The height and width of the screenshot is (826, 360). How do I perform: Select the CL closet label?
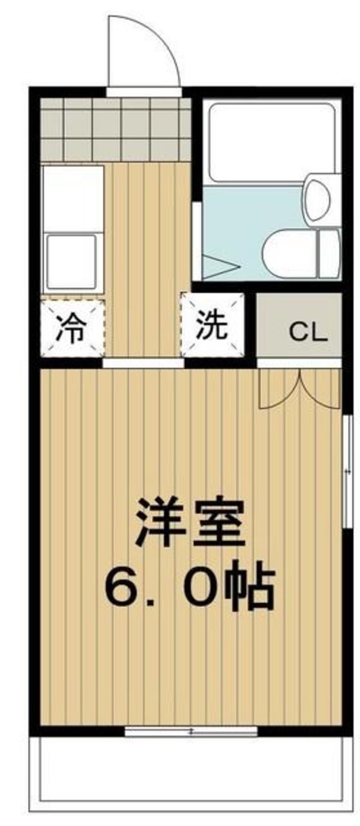tap(308, 331)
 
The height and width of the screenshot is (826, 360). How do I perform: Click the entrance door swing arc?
tap(144, 51)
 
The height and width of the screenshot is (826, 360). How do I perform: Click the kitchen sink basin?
tap(72, 261)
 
